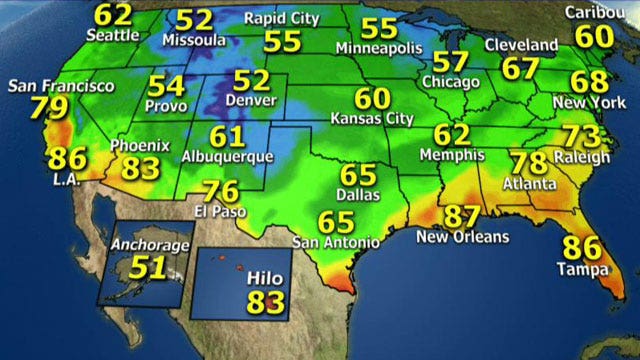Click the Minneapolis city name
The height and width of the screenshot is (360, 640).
(378, 48)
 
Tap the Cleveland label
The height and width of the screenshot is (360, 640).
(521, 46)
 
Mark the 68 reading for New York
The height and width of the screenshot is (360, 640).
(588, 82)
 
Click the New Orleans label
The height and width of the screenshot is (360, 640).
(462, 237)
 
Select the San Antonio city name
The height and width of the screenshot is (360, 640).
(336, 242)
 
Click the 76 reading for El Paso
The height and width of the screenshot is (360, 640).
(220, 190)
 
